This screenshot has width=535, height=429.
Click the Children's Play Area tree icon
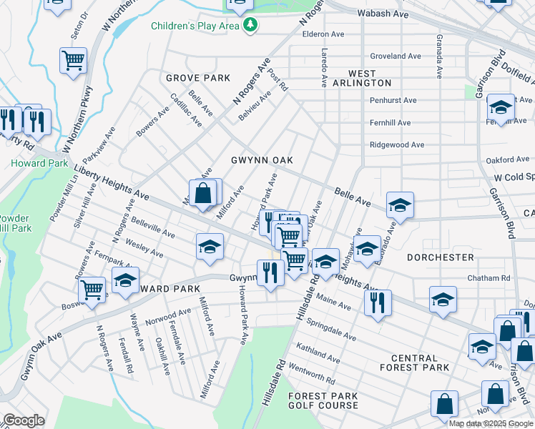[250, 26]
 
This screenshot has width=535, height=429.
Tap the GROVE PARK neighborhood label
[198, 78]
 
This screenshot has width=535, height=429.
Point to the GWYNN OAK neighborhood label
[262, 160]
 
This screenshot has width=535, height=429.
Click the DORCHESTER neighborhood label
[440, 257]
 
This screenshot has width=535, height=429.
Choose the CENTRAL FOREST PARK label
[414, 363]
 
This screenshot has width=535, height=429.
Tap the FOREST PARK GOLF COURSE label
[323, 400]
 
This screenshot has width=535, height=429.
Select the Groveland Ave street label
[396, 56]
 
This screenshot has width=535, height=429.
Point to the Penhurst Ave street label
[393, 100]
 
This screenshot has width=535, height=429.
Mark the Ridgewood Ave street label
[397, 144]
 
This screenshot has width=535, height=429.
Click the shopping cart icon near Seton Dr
[73, 62]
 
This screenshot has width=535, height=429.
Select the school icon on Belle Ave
[400, 205]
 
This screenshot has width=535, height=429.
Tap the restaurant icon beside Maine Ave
[377, 302]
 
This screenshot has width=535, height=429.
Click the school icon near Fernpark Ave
[125, 280]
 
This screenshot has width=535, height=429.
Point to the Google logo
[24, 420]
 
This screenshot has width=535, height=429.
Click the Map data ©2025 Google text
[490, 423]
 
